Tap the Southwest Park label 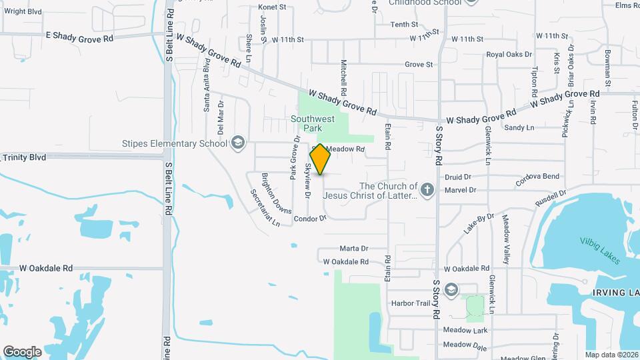pyautogui.click(x=312, y=123)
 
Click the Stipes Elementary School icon pyautogui.click(x=237, y=143)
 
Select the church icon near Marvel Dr pyautogui.click(x=427, y=191)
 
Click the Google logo pyautogui.click(x=22, y=351)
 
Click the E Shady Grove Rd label pyautogui.click(x=79, y=37)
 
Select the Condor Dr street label pyautogui.click(x=310, y=218)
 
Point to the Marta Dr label pyautogui.click(x=355, y=249)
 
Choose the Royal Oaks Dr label pyautogui.click(x=509, y=55)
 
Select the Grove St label pyautogui.click(x=419, y=65)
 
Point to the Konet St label pyautogui.click(x=272, y=7)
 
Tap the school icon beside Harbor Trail pyautogui.click(x=452, y=289)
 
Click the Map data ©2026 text pyautogui.click(x=611, y=354)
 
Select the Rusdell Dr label pyautogui.click(x=551, y=197)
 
